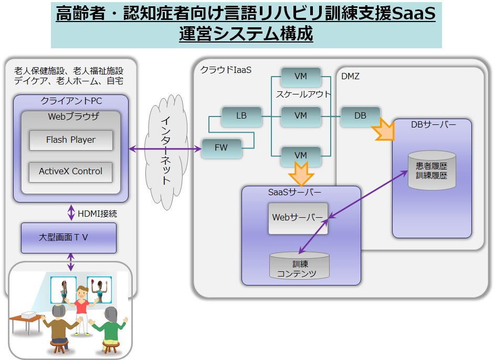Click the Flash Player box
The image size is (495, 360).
(x=71, y=140)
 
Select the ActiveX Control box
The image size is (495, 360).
(x=71, y=172)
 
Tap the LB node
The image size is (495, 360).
(x=241, y=117)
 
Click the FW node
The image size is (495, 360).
(x=222, y=148)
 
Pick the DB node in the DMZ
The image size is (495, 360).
(x=360, y=116)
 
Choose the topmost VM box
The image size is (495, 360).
(x=301, y=77)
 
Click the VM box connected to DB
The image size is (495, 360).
(x=301, y=117)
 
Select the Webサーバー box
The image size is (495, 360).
(x=298, y=218)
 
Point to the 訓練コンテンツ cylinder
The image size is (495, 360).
(x=299, y=266)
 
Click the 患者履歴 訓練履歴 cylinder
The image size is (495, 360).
(x=431, y=171)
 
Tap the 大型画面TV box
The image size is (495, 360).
(x=69, y=238)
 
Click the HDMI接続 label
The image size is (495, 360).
(x=97, y=214)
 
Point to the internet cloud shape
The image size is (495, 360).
(x=166, y=152)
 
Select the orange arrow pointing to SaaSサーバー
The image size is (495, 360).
(x=301, y=174)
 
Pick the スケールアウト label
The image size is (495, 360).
(x=303, y=94)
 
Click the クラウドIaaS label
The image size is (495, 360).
(x=226, y=70)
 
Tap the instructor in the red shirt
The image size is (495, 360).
(x=82, y=310)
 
